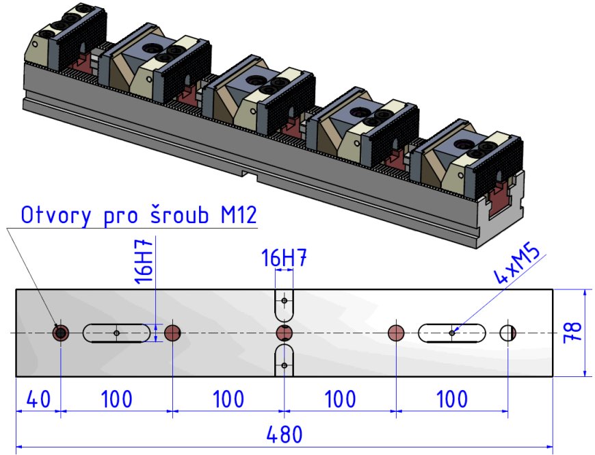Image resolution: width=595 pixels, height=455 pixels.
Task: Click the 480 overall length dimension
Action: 285,434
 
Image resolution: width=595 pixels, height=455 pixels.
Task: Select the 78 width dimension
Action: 572,333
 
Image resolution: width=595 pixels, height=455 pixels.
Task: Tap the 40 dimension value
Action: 38,399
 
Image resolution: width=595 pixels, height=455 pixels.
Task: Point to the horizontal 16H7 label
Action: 284,259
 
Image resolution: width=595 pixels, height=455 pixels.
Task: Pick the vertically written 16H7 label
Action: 144,261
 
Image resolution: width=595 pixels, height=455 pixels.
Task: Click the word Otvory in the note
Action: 56,215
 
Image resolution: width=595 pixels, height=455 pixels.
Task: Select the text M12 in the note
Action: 239,215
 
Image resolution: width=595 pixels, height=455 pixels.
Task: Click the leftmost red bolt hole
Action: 60,333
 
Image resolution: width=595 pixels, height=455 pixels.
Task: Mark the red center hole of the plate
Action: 285,333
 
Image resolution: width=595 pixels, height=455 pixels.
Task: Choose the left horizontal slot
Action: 116,333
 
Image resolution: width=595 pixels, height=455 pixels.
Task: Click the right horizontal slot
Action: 452,333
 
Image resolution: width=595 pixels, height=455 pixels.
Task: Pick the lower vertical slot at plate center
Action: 285,360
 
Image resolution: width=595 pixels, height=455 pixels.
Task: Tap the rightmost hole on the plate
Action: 507,333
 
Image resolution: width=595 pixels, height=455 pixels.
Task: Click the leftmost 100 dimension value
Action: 116,399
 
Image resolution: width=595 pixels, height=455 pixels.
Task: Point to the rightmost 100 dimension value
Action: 452,399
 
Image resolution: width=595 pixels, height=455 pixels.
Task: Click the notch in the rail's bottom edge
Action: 250,174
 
